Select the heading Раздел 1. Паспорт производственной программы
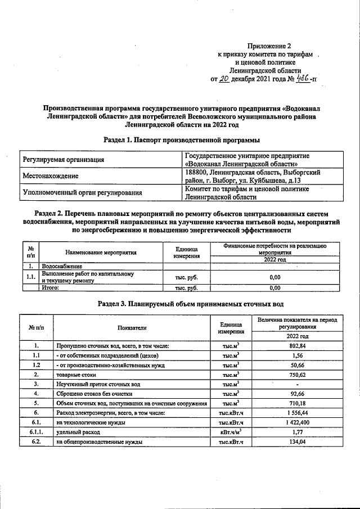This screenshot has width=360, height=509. point(182,139)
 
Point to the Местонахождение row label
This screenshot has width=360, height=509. point(50,176)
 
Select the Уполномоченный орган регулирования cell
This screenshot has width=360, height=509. point(82,193)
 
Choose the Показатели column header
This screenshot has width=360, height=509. point(132,328)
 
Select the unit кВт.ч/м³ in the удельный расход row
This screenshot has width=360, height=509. point(231,432)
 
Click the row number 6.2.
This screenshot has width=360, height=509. point(35,442)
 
